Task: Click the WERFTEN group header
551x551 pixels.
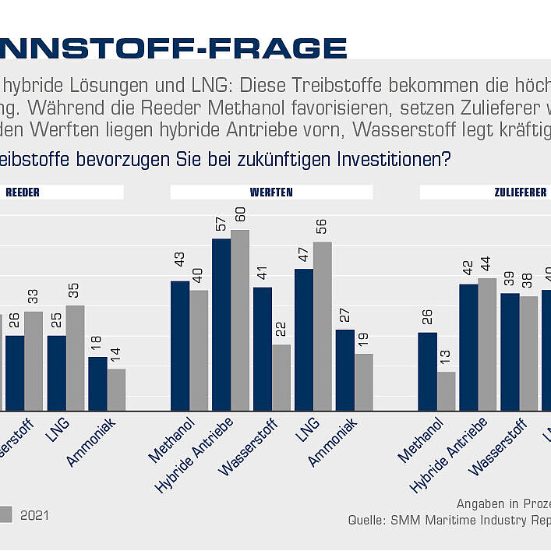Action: [271, 192]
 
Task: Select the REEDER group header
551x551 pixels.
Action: [23, 192]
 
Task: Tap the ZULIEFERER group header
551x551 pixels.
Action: [520, 192]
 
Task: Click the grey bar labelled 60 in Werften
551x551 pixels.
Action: [239, 320]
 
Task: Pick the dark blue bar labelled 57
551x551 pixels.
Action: [221, 324]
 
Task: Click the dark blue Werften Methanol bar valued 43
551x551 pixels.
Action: [180, 345]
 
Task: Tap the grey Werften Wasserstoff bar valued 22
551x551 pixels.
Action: [281, 377]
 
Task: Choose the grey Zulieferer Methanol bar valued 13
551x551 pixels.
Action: [446, 390]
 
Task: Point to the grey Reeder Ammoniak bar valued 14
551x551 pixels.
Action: [116, 389]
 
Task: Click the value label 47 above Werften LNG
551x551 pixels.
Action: [304, 254]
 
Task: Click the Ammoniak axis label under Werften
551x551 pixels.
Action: [331, 443]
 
